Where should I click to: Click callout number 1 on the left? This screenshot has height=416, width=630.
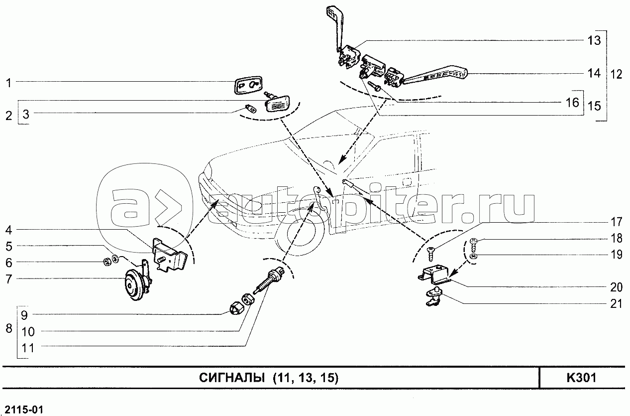(9, 83)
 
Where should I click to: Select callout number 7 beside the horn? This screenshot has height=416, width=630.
(9, 279)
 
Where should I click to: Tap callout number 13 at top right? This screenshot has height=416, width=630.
(594, 40)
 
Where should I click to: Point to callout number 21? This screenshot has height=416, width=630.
(616, 304)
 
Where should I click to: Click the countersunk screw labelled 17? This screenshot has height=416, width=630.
(430, 254)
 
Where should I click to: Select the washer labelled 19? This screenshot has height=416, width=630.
(474, 256)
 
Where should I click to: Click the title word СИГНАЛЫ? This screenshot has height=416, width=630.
(232, 378)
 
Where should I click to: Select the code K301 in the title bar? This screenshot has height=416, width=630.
(581, 378)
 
